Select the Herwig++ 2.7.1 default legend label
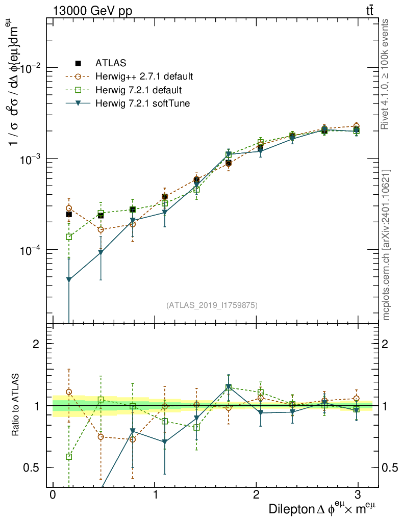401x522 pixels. (x=144, y=77)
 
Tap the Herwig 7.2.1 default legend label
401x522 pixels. (x=138, y=90)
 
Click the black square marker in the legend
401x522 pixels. (x=79, y=64)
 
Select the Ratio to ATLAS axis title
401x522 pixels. (x=16, y=405)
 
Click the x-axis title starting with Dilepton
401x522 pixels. (x=322, y=509)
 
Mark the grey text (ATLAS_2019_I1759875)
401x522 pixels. (x=212, y=305)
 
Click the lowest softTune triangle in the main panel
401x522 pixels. (x=69, y=280)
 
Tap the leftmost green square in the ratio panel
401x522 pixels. (x=69, y=457)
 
